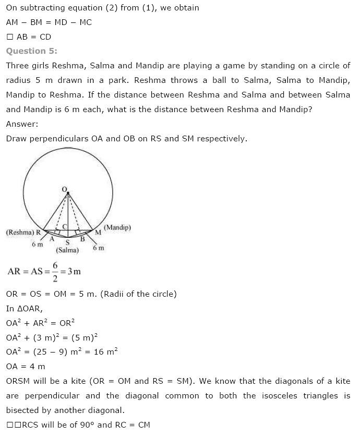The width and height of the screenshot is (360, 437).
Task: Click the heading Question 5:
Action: click(x=32, y=51)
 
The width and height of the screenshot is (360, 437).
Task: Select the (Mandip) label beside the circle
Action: click(x=117, y=227)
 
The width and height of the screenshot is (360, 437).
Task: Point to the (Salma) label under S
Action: click(x=67, y=250)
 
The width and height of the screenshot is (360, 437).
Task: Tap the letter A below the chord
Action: click(x=52, y=239)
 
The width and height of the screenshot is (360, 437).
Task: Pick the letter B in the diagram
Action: click(x=82, y=239)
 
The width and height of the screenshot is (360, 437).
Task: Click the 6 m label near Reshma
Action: click(x=37, y=244)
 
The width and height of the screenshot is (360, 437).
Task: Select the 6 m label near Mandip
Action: click(x=98, y=248)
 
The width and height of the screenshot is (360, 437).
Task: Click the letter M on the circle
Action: click(x=98, y=232)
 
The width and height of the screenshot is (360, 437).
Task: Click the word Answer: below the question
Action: click(x=22, y=124)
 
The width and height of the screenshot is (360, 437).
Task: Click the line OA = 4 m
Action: click(x=26, y=367)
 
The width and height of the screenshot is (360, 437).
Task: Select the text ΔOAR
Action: click(x=29, y=308)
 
